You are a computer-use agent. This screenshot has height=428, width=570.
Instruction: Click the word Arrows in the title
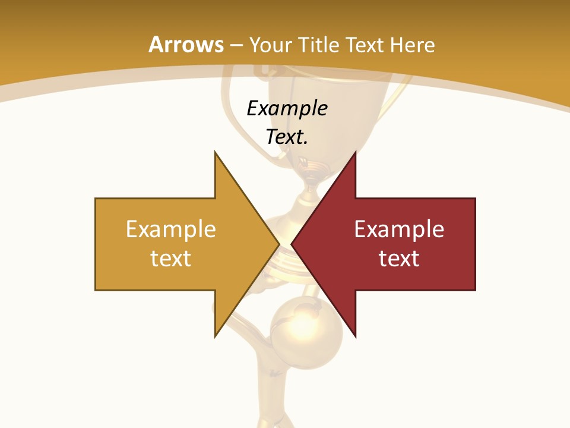coord(186,45)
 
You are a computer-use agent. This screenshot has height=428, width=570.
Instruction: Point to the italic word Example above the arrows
coord(287,109)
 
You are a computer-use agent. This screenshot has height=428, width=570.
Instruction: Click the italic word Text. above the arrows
coord(287,137)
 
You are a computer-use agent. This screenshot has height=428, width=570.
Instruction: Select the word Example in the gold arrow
coord(170,229)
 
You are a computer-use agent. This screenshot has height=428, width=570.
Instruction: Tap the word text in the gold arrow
coord(170,259)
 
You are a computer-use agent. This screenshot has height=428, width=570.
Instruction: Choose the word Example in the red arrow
coord(399,229)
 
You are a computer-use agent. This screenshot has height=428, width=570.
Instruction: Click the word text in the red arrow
coord(399,259)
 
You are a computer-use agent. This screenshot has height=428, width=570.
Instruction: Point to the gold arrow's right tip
coord(278,244)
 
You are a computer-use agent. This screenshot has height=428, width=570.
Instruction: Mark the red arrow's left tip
coord(292,244)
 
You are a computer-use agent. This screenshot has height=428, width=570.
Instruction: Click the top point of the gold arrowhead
coord(216,153)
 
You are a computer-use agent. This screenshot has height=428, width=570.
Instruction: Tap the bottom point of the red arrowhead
coord(355,336)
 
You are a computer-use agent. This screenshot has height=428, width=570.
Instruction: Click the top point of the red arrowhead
coord(355,153)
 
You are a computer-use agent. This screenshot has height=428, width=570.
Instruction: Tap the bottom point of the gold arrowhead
coord(216,336)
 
